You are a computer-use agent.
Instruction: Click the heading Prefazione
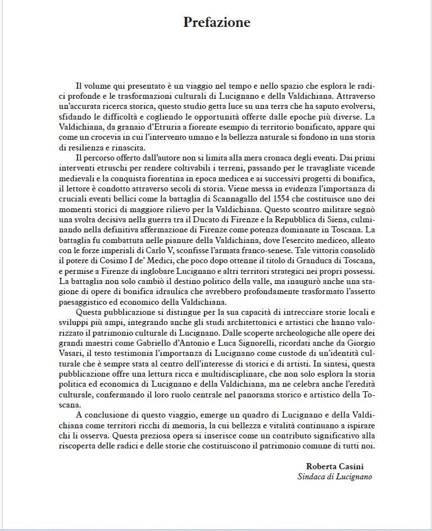tap(216, 22)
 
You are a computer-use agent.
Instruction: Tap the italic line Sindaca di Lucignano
tap(334, 477)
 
